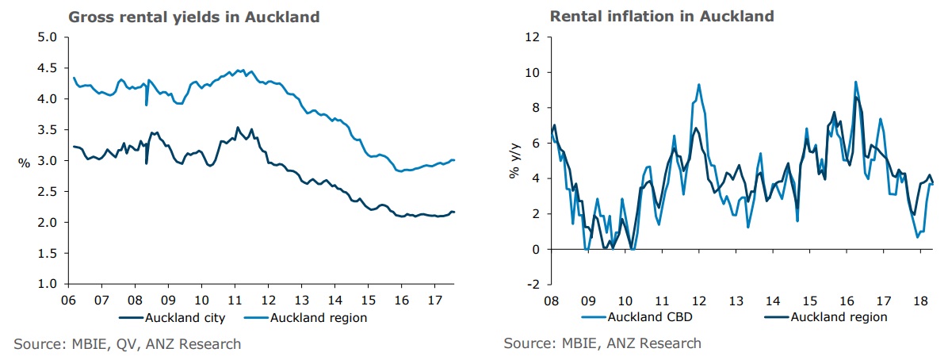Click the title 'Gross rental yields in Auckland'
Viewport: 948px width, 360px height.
tap(194, 17)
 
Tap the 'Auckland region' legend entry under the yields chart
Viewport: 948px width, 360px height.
tap(319, 318)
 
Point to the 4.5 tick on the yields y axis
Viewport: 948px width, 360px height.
tap(48, 68)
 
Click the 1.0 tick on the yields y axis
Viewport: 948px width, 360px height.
tap(48, 284)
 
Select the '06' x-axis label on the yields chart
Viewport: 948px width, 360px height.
tap(67, 301)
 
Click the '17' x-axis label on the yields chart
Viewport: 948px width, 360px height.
tap(434, 301)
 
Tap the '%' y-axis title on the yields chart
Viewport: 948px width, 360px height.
tap(25, 162)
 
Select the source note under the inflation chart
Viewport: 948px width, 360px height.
tap(602, 343)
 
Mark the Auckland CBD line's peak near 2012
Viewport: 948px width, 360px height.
tap(698, 85)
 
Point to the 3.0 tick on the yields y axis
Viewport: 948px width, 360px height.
tap(48, 161)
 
